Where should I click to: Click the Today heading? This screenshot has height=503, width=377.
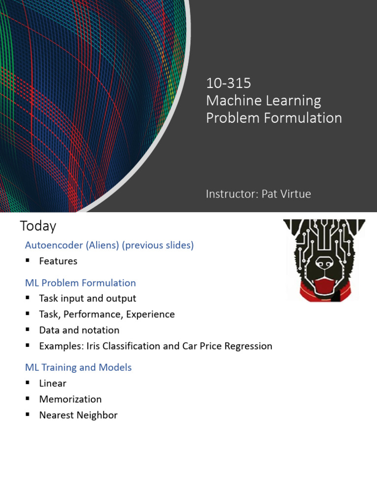38,226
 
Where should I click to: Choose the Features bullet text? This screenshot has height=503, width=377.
58,261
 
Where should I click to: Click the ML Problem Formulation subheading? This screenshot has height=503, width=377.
81,283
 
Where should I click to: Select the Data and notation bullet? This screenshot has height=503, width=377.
79,330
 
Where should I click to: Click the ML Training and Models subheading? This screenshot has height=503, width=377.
79,367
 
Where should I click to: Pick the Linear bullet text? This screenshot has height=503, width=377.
53,383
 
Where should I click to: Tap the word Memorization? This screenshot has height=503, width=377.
70,399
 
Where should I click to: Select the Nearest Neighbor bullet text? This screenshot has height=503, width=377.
78,415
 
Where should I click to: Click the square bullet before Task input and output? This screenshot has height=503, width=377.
28,299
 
